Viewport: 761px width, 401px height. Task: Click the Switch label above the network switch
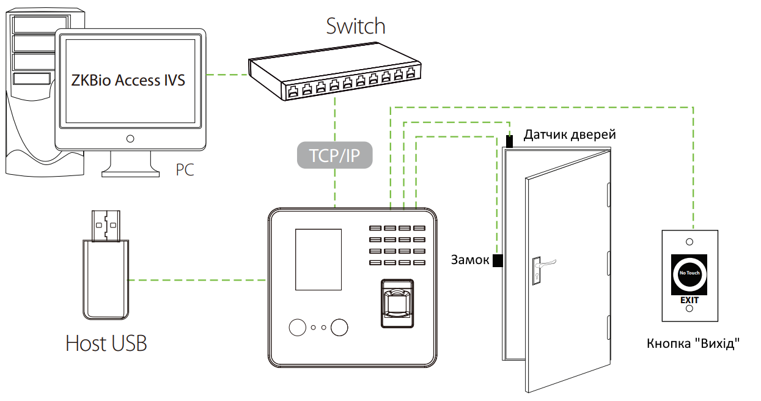point(356,26)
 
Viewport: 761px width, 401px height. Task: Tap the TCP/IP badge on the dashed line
point(334,155)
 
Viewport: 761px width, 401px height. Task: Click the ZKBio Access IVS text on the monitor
point(128,79)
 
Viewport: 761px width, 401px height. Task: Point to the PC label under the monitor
point(185,169)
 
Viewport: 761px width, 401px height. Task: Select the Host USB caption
point(106,343)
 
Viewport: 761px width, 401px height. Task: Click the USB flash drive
point(105,269)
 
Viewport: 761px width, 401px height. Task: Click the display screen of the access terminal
point(318,259)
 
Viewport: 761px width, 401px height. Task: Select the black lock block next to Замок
point(498,260)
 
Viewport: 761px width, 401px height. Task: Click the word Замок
point(470,260)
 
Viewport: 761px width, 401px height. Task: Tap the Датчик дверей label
point(569,134)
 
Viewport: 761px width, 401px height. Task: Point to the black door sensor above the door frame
point(509,141)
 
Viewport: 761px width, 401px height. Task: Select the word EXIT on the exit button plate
point(689,300)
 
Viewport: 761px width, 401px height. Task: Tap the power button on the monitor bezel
point(130,138)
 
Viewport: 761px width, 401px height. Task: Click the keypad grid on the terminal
point(397,245)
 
